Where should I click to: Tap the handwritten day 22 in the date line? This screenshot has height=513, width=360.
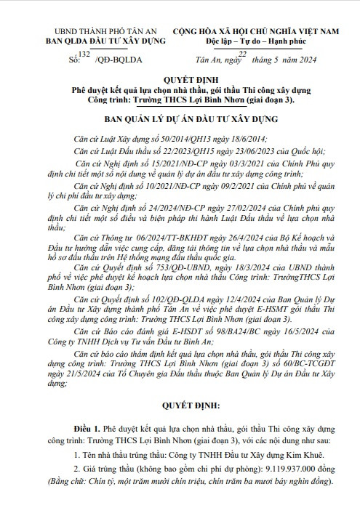coord(243,54)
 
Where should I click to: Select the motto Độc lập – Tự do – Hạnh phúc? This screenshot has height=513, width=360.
coord(265,44)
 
